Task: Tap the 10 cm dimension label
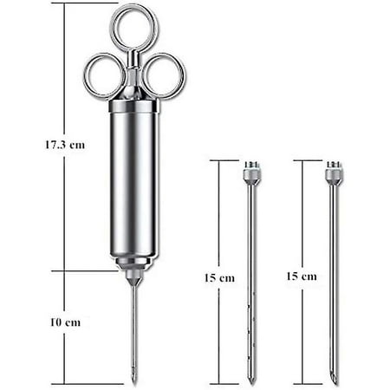click(67, 322)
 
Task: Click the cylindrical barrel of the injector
click(133, 182)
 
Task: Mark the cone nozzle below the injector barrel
click(133, 276)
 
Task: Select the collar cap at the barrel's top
click(133, 107)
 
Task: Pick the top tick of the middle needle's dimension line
click(223, 159)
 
